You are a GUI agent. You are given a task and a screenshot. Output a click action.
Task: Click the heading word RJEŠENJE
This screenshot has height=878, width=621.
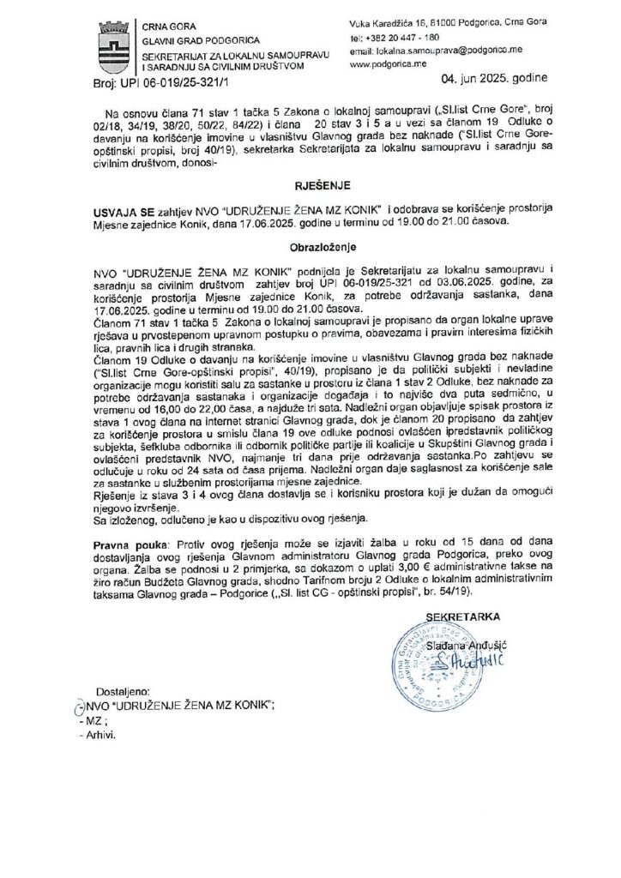pyautogui.click(x=310, y=183)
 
